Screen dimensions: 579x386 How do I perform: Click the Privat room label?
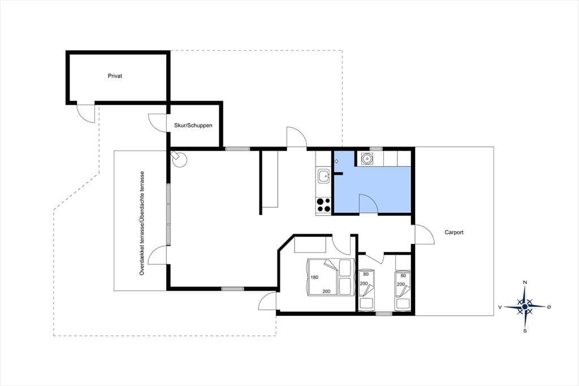(115, 76)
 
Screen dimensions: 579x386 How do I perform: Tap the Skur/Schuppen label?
(193, 125)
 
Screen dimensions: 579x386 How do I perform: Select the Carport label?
(454, 232)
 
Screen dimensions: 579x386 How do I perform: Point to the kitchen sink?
(324, 175)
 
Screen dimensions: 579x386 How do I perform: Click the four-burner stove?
(324, 205)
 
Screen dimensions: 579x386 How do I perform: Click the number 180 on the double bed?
(314, 277)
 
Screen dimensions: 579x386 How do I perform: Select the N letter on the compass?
(525, 282)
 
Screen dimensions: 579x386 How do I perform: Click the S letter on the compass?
(525, 331)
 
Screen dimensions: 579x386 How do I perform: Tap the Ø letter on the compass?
(549, 307)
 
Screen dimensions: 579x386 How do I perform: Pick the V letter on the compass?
(500, 307)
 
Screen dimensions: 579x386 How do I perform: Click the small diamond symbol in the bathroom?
(336, 161)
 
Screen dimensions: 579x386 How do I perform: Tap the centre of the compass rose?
(525, 307)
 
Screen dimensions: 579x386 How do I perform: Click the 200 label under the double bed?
(326, 291)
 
